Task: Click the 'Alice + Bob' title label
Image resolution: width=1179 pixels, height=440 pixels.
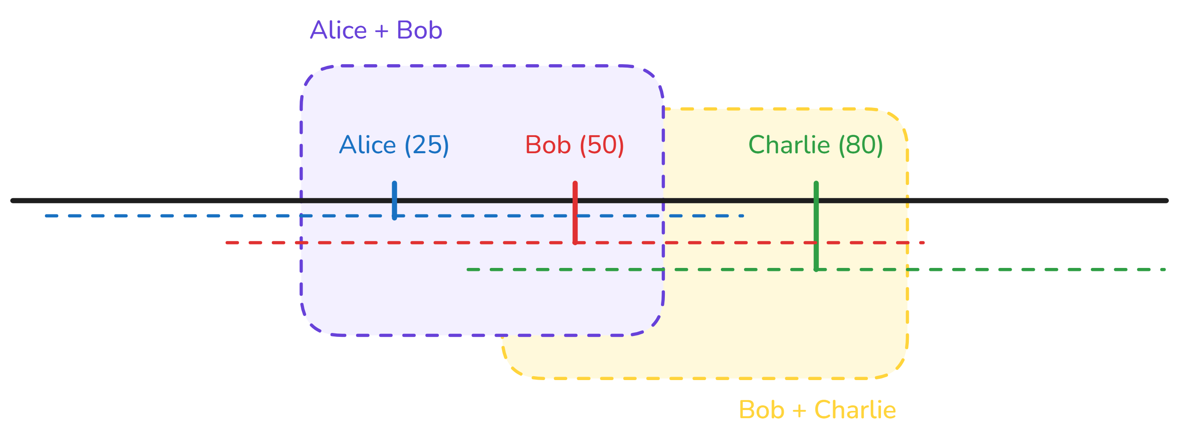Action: point(376,30)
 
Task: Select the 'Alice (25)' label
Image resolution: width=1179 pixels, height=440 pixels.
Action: point(393,145)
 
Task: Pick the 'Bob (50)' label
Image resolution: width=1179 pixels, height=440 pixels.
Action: point(575,145)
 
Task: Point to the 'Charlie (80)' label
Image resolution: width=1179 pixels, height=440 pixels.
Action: point(815,145)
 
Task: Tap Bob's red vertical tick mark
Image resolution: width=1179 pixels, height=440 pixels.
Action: point(575,213)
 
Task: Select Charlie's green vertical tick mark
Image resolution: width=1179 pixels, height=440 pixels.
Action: point(816,226)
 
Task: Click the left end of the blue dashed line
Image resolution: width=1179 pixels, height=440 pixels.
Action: point(47,216)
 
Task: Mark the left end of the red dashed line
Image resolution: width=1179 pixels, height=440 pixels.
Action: point(227,243)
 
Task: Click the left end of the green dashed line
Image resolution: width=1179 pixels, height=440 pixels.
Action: point(468,270)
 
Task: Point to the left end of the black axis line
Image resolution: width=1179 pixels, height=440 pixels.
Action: point(13,200)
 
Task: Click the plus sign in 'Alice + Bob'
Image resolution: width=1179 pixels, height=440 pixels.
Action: point(381,31)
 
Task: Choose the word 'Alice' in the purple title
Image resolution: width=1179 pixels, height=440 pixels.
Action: point(338,30)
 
